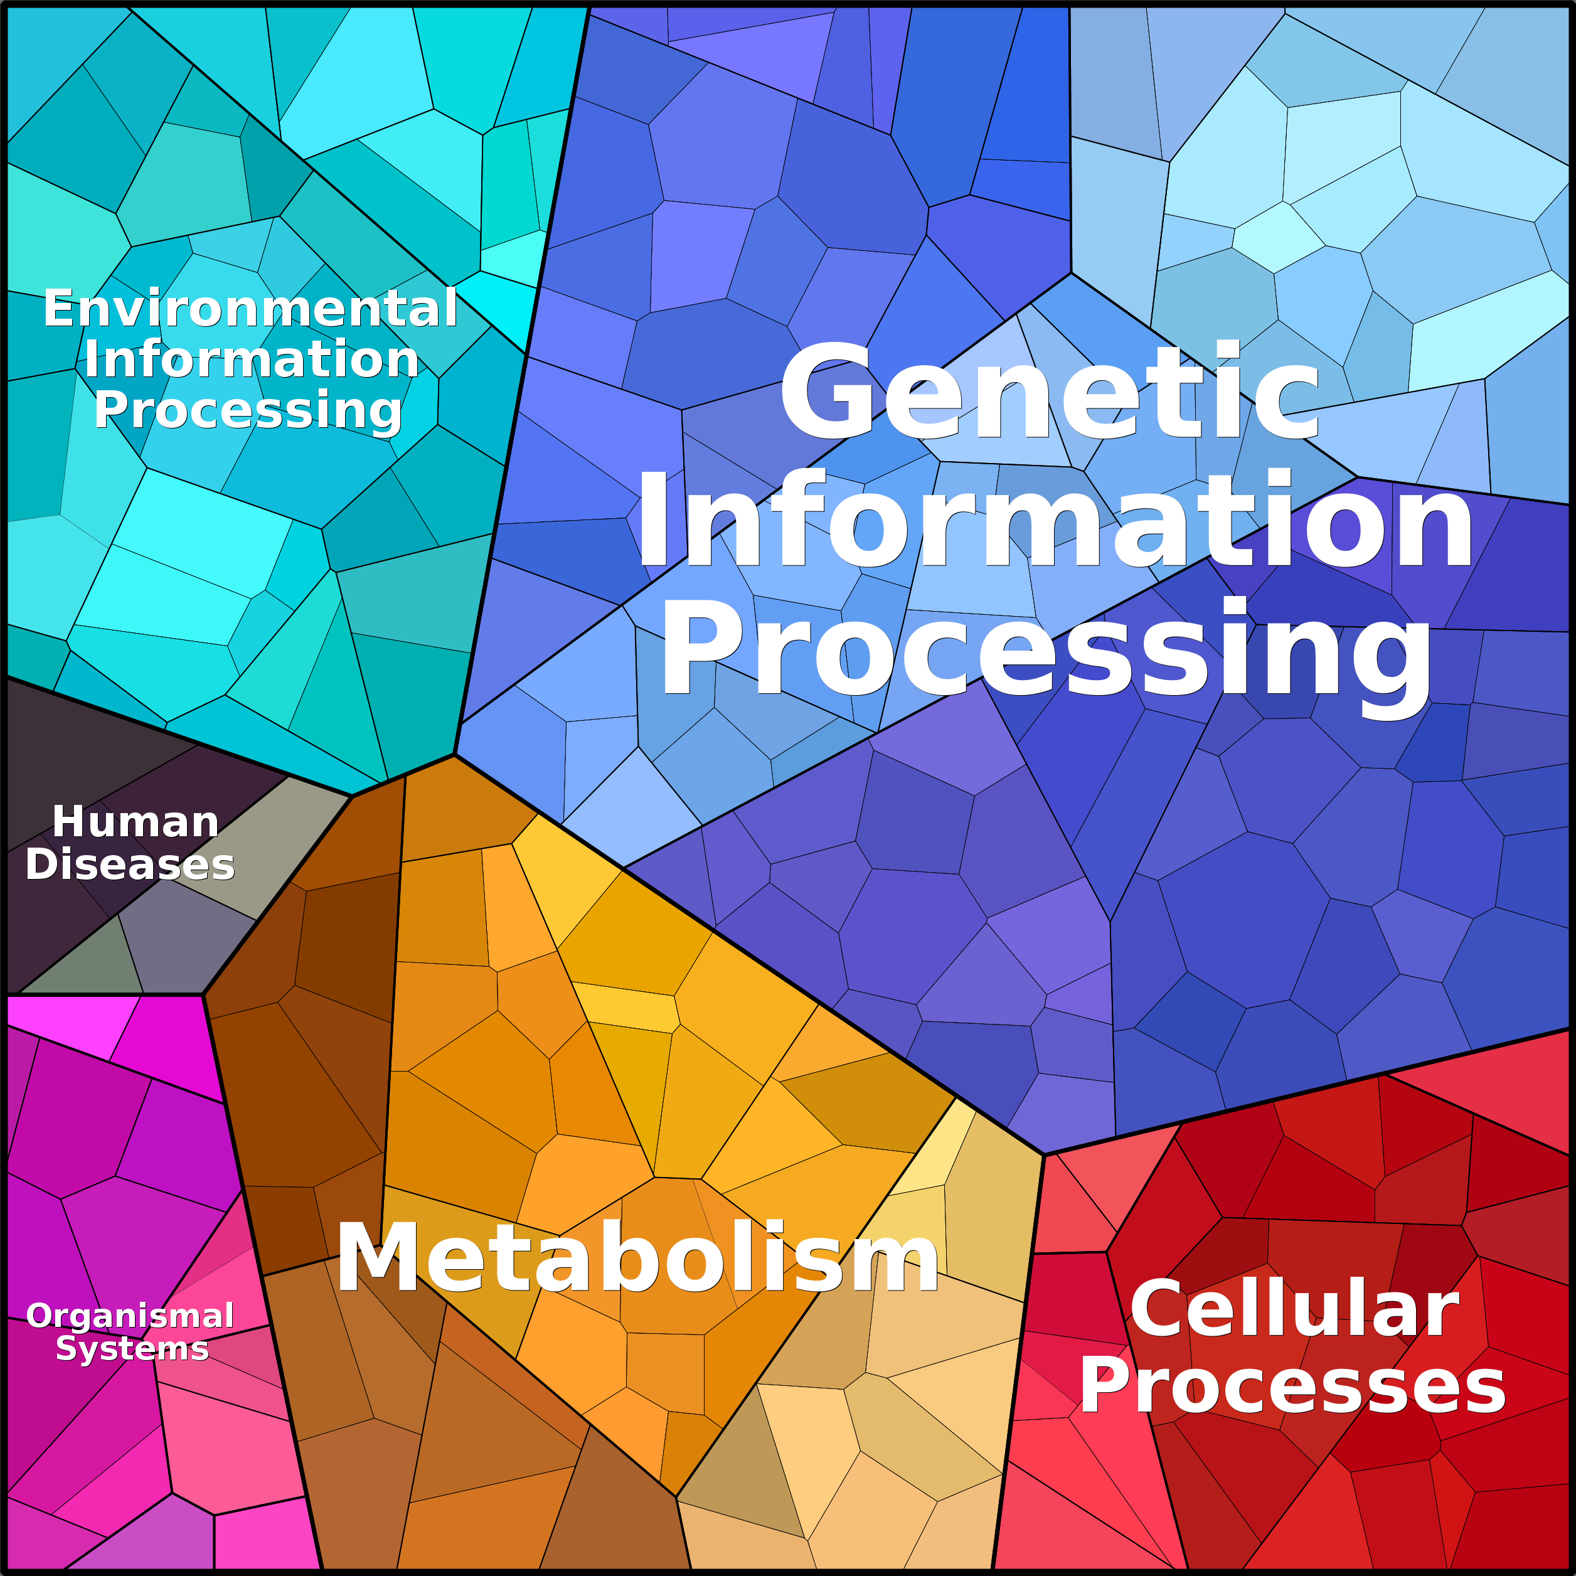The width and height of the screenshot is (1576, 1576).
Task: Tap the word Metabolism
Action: tap(637, 1258)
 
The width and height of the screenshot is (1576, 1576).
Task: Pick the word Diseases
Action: tap(130, 865)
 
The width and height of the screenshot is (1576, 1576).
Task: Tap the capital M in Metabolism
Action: tap(377, 1258)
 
